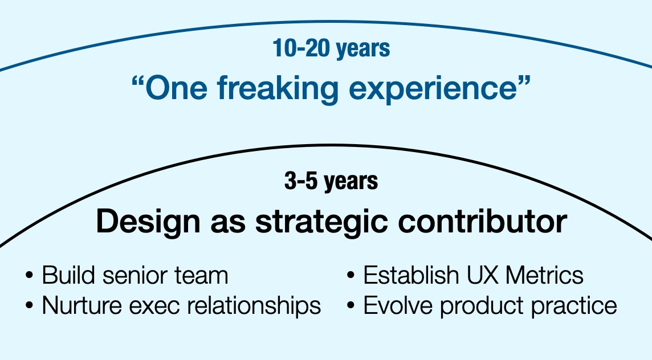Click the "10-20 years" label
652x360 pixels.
[331, 49]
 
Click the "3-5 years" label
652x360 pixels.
[331, 182]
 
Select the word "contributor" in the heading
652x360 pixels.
[482, 221]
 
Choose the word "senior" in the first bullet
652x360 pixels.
[137, 276]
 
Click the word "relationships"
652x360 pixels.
[254, 306]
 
